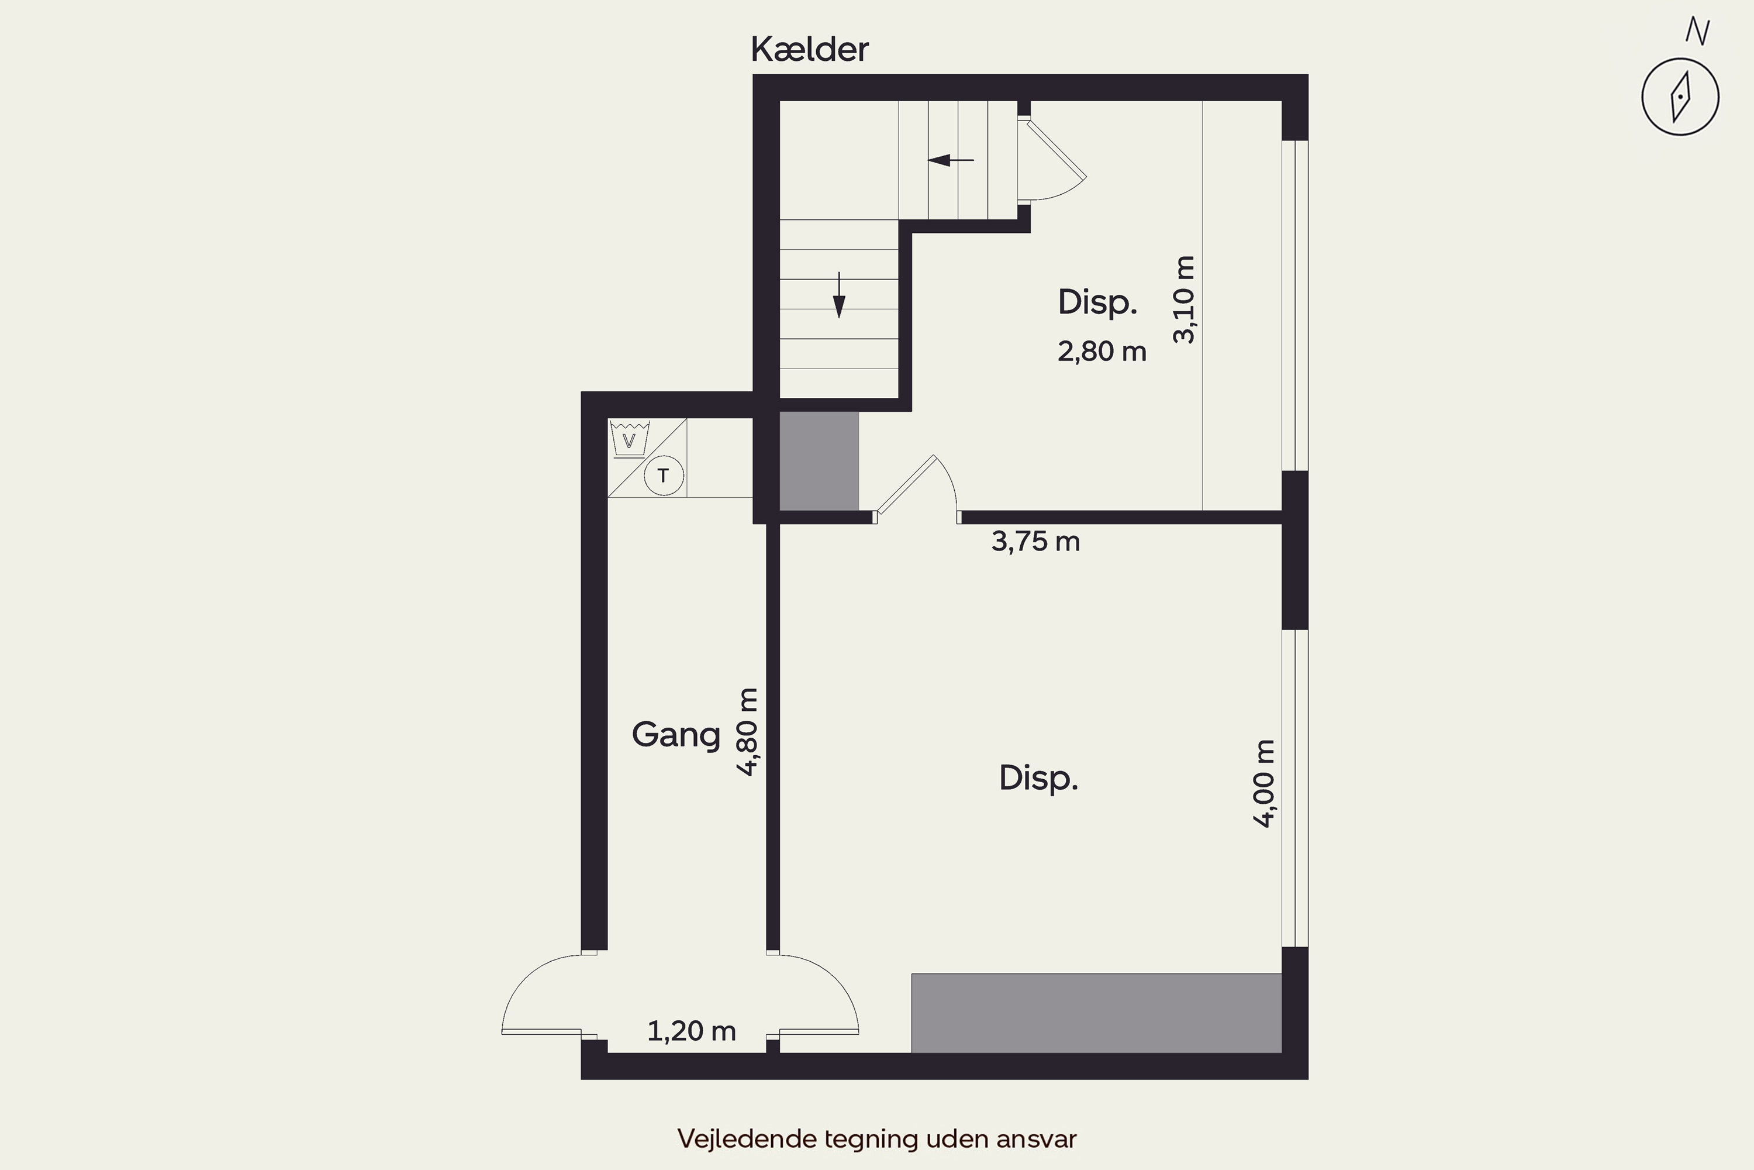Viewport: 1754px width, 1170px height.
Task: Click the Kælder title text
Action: [x=809, y=49]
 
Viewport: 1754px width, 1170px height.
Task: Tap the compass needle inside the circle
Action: [x=1680, y=97]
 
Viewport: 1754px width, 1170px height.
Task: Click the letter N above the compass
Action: [x=1697, y=32]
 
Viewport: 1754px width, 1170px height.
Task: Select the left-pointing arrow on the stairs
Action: [x=950, y=160]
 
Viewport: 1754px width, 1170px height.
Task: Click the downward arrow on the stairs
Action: [x=839, y=295]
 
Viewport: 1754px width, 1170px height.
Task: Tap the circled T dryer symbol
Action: [x=663, y=475]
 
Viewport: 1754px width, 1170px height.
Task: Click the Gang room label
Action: [x=676, y=735]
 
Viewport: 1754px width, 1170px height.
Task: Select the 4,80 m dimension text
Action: [x=747, y=732]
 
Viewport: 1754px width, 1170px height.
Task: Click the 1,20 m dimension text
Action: [x=691, y=1031]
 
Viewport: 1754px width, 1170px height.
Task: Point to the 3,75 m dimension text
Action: [x=1035, y=541]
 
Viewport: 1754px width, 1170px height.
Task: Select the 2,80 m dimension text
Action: [x=1102, y=352]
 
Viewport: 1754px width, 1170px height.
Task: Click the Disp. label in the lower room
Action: [x=1038, y=778]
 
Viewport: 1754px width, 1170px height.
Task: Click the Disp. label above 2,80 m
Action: [x=1097, y=302]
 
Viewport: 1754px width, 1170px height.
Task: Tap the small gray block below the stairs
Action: [x=819, y=461]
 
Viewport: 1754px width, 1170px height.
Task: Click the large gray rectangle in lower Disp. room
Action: [x=1096, y=1013]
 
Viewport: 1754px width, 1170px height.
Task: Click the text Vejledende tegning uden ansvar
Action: [x=877, y=1138]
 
